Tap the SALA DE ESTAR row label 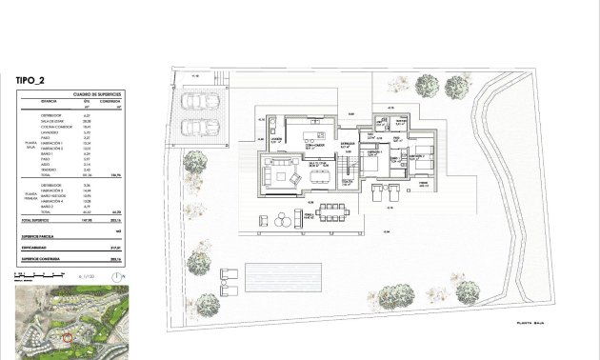[52, 121]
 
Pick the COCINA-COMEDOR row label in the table [55, 127]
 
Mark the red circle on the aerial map [66, 337]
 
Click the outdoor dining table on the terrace [332, 209]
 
